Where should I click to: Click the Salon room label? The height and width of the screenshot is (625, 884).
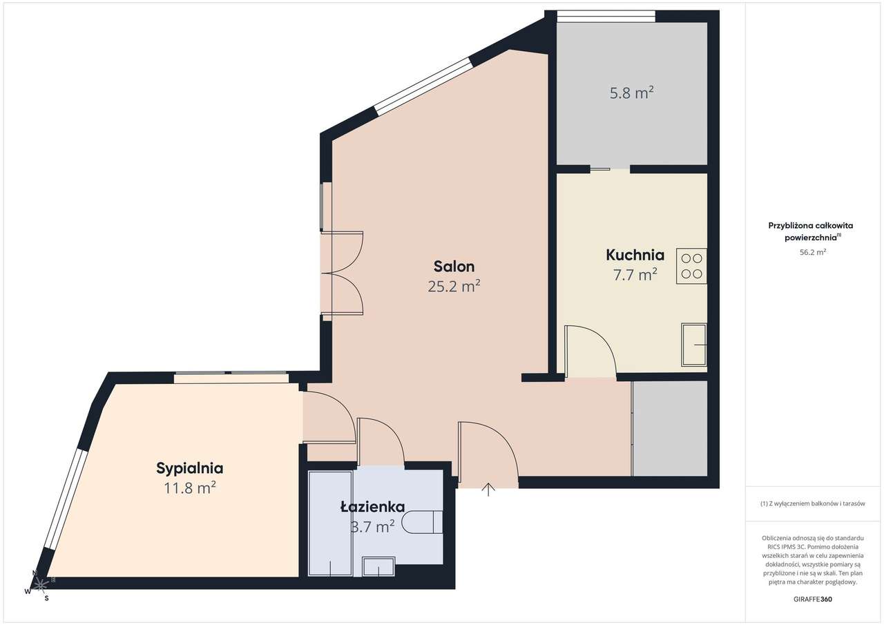[454, 267]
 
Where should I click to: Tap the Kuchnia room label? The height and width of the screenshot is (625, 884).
[635, 256]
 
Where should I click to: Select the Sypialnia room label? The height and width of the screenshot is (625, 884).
[190, 468]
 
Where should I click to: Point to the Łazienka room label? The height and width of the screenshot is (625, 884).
[372, 507]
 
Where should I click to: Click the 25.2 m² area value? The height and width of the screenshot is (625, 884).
[454, 286]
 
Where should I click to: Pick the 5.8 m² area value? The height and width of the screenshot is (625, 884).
[631, 93]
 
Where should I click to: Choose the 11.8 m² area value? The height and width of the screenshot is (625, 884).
[190, 488]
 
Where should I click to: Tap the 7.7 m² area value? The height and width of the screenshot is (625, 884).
[635, 274]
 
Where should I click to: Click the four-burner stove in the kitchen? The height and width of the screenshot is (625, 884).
[691, 266]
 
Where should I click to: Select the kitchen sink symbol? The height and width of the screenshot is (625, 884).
[694, 345]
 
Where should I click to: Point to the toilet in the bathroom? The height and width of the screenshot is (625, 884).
[422, 522]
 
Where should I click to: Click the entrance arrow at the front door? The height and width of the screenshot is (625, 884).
[488, 489]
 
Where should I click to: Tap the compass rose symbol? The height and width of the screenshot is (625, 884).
[40, 585]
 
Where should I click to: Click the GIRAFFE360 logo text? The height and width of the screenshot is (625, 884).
[813, 599]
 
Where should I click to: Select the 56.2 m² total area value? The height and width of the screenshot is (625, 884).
[813, 252]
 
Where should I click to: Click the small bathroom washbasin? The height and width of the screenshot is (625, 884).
[378, 566]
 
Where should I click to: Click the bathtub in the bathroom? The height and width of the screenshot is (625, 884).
[330, 523]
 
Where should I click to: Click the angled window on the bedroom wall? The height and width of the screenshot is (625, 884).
[66, 499]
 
